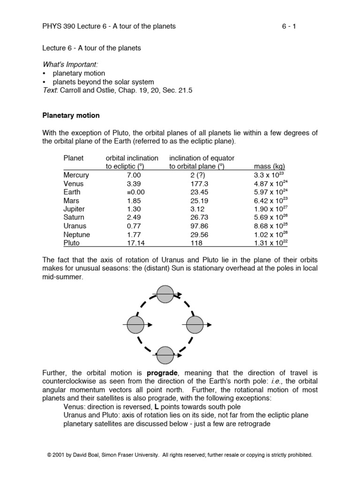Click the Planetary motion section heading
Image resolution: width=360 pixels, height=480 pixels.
(x=71, y=115)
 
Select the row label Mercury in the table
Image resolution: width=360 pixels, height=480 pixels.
(x=76, y=175)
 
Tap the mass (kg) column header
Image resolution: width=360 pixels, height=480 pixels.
(x=270, y=166)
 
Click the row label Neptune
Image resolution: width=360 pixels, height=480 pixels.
(x=77, y=235)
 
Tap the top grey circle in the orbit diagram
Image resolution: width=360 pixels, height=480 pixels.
(x=165, y=294)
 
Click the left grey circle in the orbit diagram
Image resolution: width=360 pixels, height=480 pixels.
(x=135, y=324)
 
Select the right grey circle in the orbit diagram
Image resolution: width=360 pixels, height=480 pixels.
(x=195, y=324)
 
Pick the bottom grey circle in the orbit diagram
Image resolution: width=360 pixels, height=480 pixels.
(x=165, y=355)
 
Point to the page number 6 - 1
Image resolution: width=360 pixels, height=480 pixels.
(x=289, y=26)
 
